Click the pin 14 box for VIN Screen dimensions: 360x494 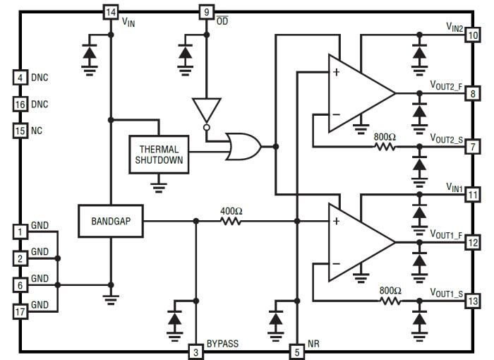[110, 12]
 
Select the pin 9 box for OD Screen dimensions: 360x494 [205, 12]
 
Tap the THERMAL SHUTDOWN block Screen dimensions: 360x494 [159, 155]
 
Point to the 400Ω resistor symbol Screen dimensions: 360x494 [230, 222]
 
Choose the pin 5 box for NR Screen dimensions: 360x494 [297, 351]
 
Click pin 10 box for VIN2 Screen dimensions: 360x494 [472, 35]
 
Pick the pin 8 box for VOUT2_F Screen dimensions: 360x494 [472, 92]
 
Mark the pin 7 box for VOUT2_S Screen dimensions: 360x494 [472, 147]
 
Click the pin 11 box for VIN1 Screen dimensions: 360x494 [472, 195]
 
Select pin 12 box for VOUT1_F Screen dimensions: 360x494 [472, 243]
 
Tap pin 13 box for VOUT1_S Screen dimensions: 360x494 [472, 302]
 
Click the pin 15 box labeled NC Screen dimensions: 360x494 [20, 131]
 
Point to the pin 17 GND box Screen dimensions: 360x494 [20, 310]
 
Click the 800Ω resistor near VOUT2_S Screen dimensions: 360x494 [385, 147]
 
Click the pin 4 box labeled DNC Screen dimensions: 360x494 [20, 77]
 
